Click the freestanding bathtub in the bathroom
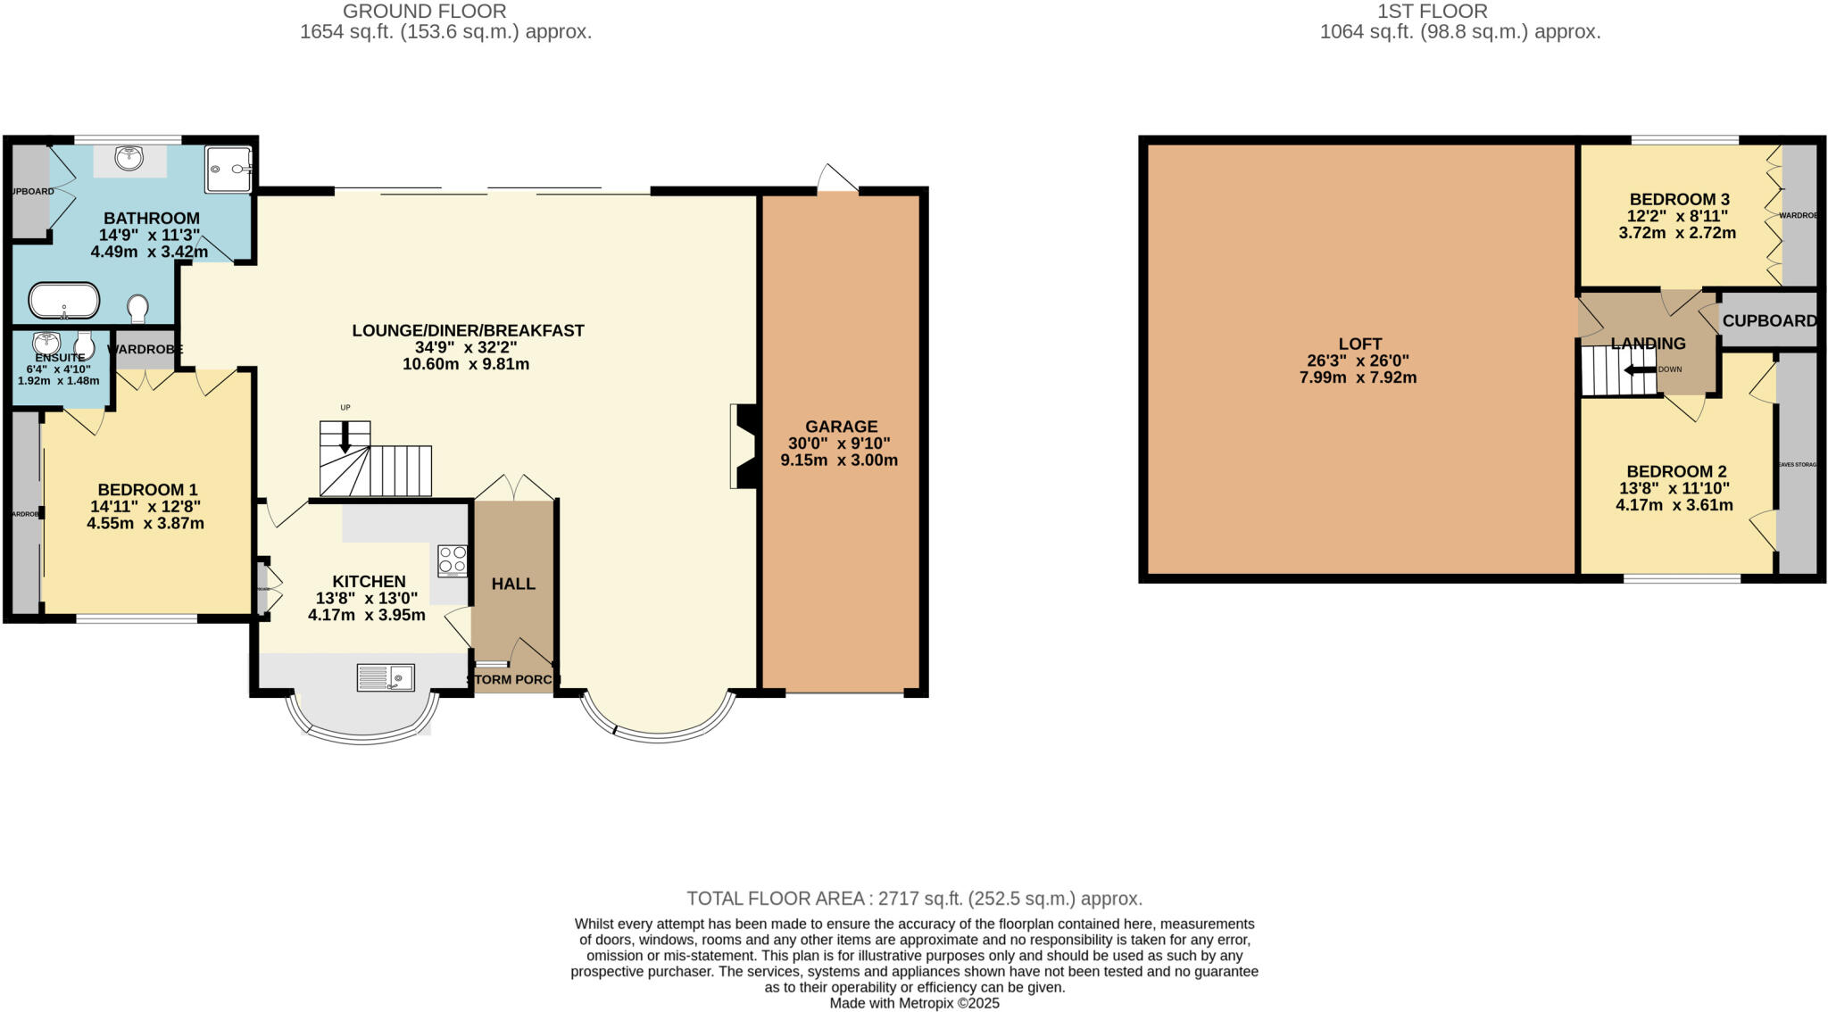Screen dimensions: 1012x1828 click(x=63, y=301)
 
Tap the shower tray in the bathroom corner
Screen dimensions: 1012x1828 click(x=229, y=169)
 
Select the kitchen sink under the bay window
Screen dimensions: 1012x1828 click(x=386, y=677)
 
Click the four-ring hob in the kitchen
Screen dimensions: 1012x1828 click(x=452, y=560)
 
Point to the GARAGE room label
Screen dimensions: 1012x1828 click(x=841, y=427)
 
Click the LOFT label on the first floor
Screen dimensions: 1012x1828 click(x=1359, y=344)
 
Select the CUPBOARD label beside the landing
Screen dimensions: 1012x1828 click(x=1768, y=320)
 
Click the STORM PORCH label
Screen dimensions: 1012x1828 click(x=513, y=680)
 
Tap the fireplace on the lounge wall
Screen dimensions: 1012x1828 click(x=744, y=446)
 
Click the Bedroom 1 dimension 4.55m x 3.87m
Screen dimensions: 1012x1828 click(x=145, y=524)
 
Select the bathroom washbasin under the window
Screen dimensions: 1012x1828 click(x=130, y=159)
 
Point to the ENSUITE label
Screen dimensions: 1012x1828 click(x=60, y=358)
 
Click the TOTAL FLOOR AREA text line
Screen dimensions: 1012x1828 click(x=914, y=899)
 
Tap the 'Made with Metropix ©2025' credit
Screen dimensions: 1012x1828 click(x=914, y=1003)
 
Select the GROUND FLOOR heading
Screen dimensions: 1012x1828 click(x=424, y=12)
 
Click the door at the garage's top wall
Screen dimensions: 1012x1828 click(x=837, y=179)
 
